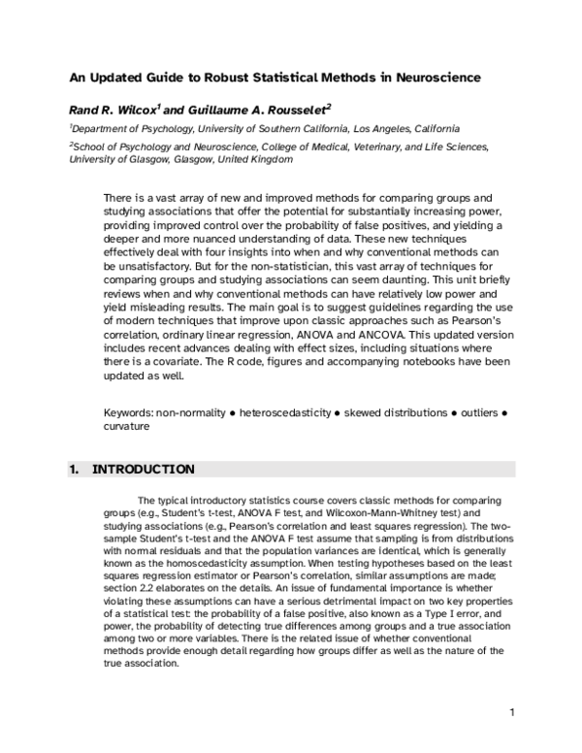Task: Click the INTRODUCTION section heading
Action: point(143,470)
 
